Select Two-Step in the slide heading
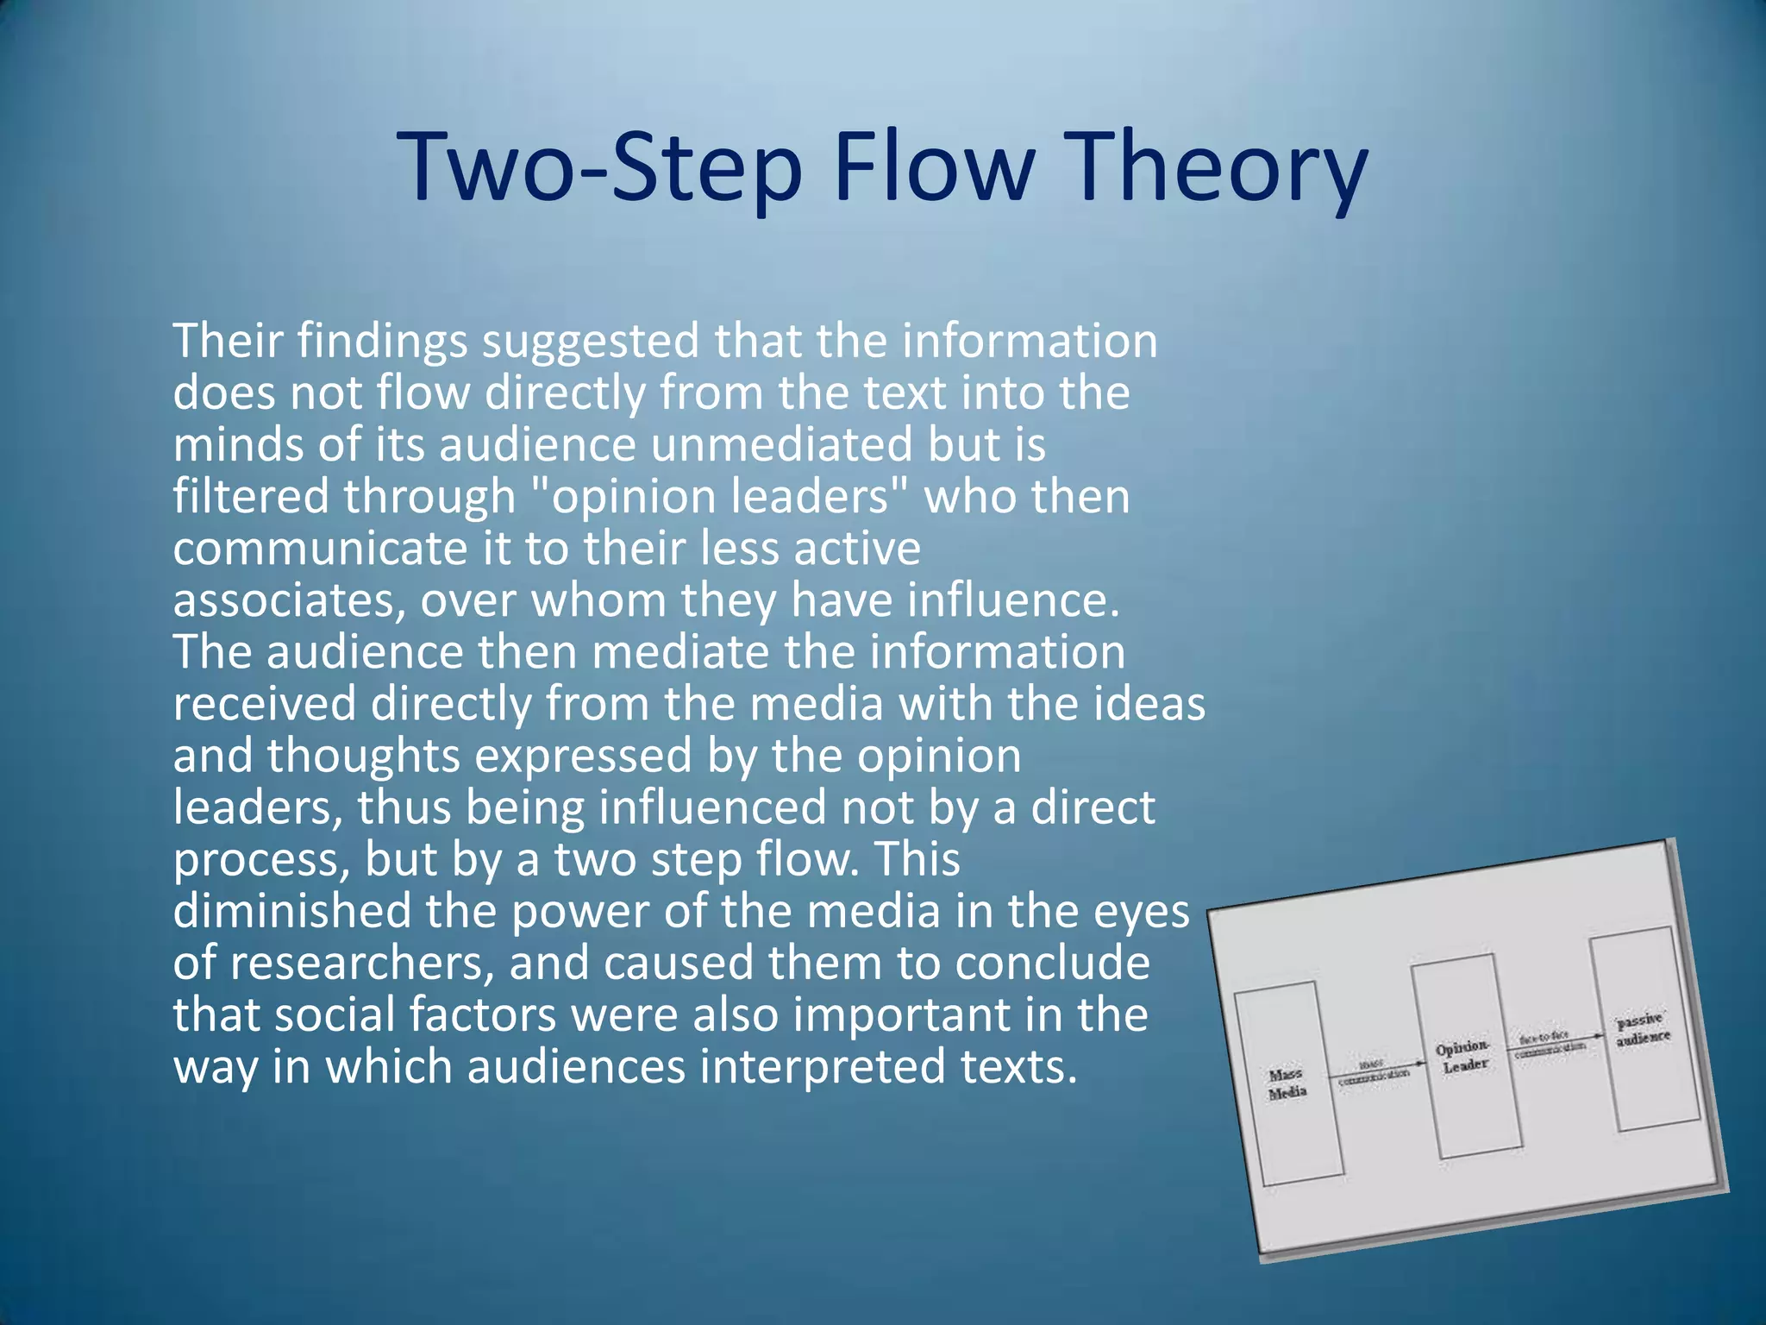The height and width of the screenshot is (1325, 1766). (600, 167)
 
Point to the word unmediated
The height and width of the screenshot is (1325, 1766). (781, 446)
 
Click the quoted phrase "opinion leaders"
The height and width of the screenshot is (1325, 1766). (721, 498)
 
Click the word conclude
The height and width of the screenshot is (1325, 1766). (1053, 964)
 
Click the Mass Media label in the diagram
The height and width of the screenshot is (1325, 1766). (1287, 1083)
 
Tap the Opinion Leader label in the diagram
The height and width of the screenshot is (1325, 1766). (1463, 1056)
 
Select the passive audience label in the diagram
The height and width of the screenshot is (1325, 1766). (1643, 1029)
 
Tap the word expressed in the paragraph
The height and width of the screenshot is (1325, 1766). (584, 757)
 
